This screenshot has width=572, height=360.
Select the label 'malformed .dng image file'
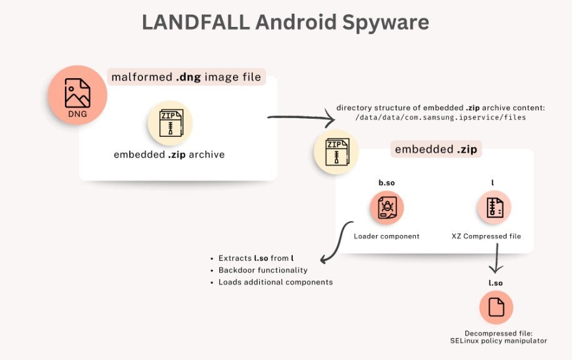[186, 77]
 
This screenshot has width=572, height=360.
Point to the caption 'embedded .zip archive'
[169, 154]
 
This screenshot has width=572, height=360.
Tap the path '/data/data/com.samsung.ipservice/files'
[441, 117]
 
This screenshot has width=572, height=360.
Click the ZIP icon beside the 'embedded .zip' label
[336, 151]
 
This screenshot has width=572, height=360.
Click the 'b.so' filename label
[387, 183]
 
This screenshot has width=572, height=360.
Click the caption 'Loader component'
[387, 236]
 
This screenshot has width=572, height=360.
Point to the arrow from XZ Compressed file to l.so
[496, 260]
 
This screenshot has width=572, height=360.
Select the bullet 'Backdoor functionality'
[263, 270]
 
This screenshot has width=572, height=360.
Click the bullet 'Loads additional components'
[275, 282]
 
